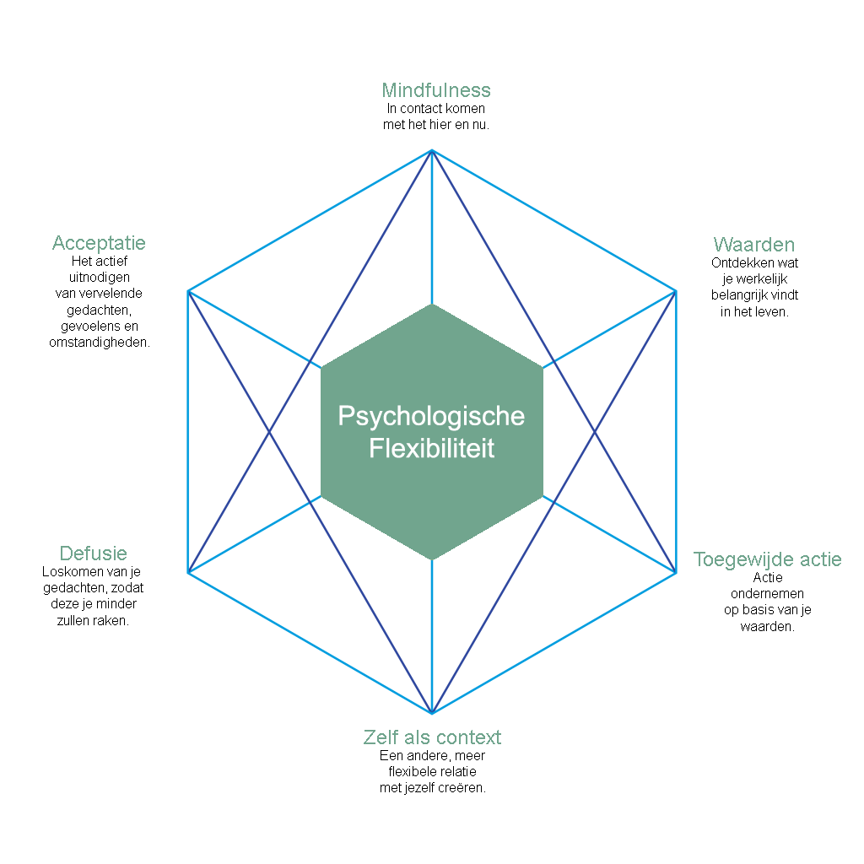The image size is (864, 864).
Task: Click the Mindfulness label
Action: (x=436, y=90)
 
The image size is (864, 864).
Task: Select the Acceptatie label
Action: (x=99, y=243)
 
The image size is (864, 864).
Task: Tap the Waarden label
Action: (x=754, y=245)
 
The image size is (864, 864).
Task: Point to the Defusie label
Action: (x=93, y=553)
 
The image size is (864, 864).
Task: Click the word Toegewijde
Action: (x=737, y=559)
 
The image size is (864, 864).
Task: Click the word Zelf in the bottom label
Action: (x=379, y=737)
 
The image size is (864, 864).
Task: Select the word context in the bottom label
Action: (x=467, y=737)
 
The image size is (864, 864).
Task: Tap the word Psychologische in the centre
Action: (x=431, y=416)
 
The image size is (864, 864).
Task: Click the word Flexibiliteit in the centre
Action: (x=431, y=448)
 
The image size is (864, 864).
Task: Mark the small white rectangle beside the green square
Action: (x=310, y=435)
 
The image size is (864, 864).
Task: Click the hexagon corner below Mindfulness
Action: (x=432, y=150)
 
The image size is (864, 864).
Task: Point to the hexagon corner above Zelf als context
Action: (x=432, y=714)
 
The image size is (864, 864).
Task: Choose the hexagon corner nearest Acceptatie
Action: (x=189, y=291)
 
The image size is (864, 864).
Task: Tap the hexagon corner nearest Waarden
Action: (x=675, y=291)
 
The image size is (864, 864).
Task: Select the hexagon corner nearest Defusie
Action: (x=189, y=573)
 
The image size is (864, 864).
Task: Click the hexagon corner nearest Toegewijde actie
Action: (x=675, y=573)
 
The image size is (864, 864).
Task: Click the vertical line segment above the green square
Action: (x=432, y=228)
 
